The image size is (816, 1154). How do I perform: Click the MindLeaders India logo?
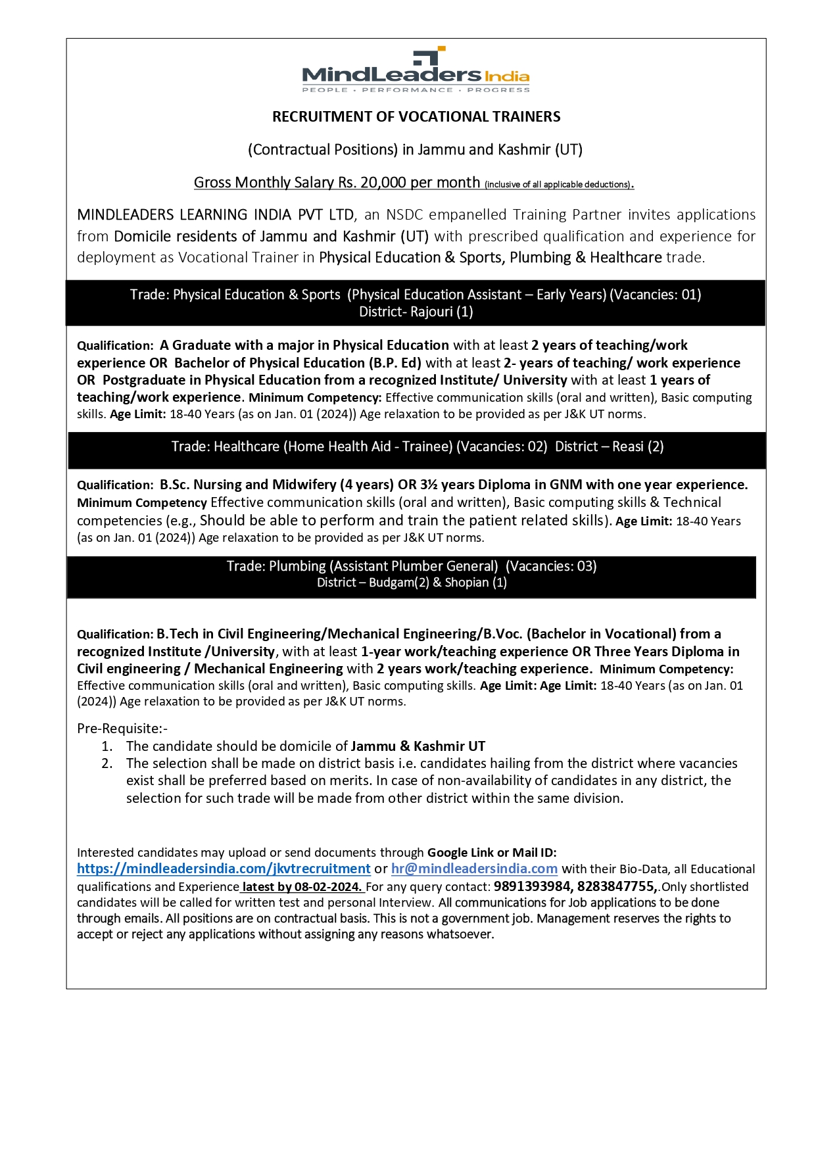[x=416, y=70]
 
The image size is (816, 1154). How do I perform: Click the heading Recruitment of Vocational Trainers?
[x=416, y=117]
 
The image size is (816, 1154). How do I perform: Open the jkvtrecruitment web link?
[x=224, y=869]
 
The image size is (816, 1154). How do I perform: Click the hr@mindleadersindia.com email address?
[x=474, y=869]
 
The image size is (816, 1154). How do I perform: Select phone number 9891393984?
[x=532, y=886]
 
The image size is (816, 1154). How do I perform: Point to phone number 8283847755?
[x=616, y=886]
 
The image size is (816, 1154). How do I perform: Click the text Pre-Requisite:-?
[x=122, y=729]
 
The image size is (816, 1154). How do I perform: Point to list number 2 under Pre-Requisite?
[x=107, y=763]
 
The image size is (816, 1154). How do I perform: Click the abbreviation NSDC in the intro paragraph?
[x=406, y=215]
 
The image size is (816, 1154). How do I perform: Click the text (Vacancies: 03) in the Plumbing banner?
[x=551, y=566]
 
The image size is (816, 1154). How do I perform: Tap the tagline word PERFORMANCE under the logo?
[x=407, y=90]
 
